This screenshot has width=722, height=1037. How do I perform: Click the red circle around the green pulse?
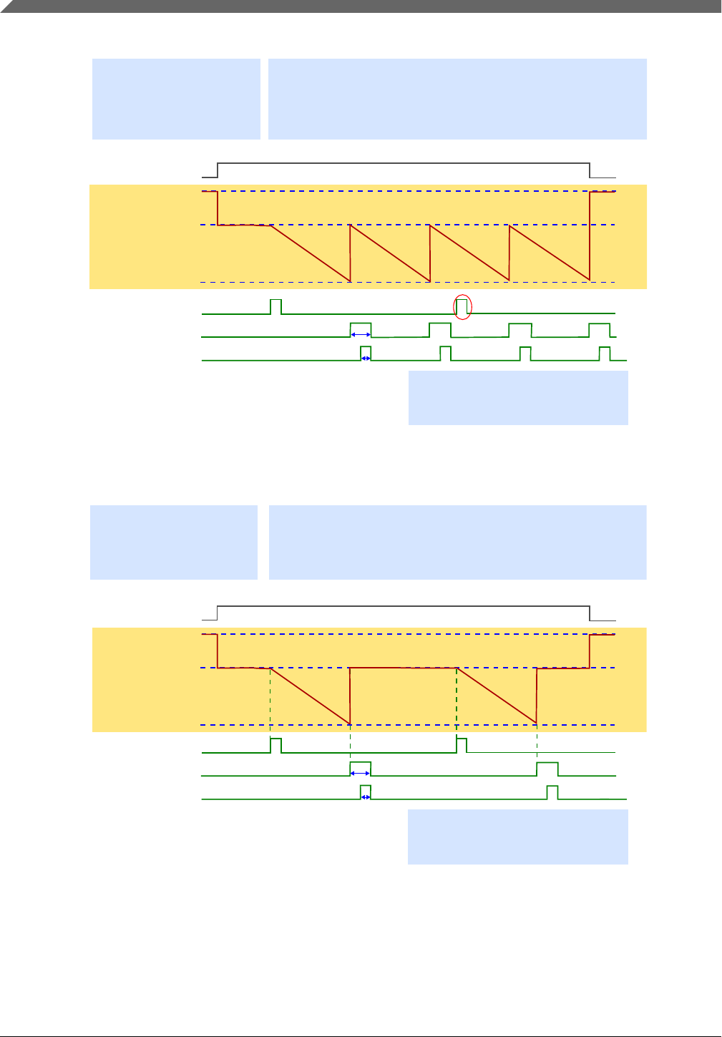pos(463,307)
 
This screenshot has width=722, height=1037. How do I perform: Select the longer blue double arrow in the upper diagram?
pos(361,334)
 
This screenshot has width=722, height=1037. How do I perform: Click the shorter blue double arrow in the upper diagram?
pos(366,358)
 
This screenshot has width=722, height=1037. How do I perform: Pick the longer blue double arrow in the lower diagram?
pos(361,774)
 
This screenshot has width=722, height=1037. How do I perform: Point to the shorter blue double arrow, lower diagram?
pos(366,797)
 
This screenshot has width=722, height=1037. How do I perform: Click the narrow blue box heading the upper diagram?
pos(176,99)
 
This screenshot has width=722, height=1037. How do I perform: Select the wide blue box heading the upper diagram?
pos(457,99)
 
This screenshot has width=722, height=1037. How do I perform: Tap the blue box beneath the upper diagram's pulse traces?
pos(518,398)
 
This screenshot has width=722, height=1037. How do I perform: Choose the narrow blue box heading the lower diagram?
pos(174,542)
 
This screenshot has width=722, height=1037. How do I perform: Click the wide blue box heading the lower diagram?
pos(457,542)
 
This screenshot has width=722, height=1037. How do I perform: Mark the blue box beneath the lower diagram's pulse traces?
pos(518,837)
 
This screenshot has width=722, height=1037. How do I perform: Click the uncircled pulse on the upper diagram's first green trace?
pos(275,306)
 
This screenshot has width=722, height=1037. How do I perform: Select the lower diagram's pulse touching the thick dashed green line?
pos(462,744)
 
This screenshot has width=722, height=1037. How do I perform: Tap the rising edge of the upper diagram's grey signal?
pos(218,169)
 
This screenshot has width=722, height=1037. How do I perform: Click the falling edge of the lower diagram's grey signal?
pos(590,613)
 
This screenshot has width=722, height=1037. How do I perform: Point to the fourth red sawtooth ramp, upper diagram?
pos(550,253)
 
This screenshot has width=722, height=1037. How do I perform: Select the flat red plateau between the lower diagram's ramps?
pos(403,668)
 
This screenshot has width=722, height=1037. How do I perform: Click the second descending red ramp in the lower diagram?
pos(497,695)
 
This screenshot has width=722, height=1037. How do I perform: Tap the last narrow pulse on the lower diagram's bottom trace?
pos(552,792)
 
